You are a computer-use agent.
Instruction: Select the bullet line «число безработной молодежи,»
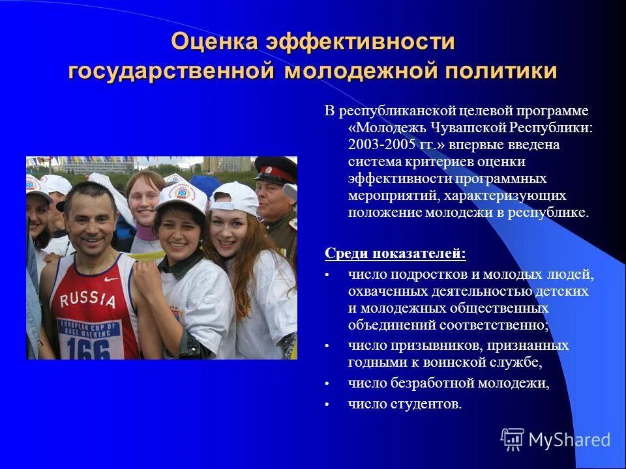pyautogui.click(x=449, y=384)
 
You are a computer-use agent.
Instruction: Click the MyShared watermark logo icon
pyautogui.click(x=513, y=440)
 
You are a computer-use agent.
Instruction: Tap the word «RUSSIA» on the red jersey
pyautogui.click(x=87, y=299)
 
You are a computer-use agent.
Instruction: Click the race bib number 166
pyautogui.click(x=89, y=348)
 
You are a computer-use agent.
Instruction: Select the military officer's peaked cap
pyautogui.click(x=275, y=169)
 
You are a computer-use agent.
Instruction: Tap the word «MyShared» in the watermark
pyautogui.click(x=569, y=440)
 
